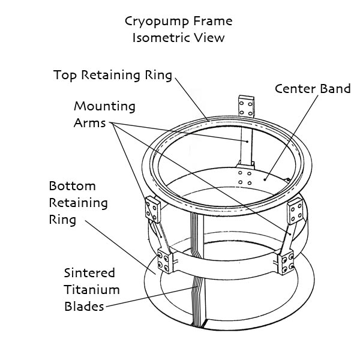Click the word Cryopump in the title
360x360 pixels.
[x=157, y=22]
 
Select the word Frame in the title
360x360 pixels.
[x=212, y=21]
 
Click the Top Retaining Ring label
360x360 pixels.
[x=113, y=75]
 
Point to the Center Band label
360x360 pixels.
[x=313, y=89]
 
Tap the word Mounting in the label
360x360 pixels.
[x=104, y=107]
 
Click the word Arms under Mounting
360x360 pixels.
[x=90, y=123]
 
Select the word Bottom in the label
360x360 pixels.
[x=73, y=186]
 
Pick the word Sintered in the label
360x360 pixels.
[x=89, y=273]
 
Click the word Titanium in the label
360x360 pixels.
[x=92, y=290]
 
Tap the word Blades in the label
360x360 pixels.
[x=84, y=307]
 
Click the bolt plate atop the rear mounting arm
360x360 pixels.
[x=247, y=106]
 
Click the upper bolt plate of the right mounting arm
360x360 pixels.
[x=295, y=211]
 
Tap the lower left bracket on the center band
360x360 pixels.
[x=165, y=262]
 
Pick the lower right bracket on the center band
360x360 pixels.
[x=286, y=262]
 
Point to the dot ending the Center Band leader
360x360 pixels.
[x=265, y=179]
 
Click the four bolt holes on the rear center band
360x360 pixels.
[x=245, y=178]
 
